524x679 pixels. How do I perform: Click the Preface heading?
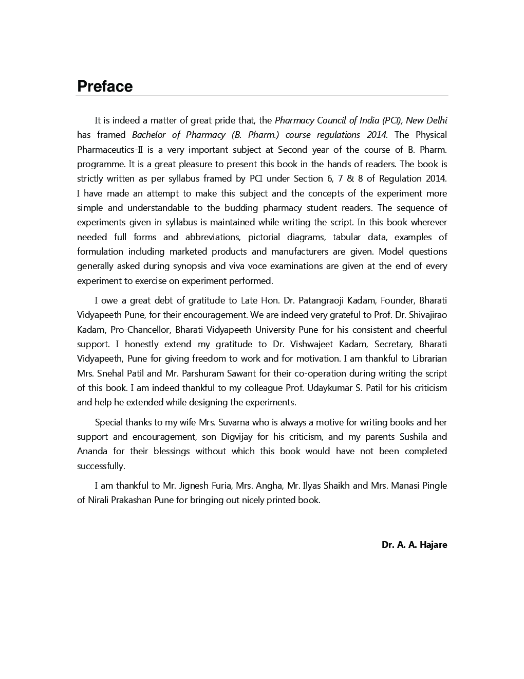105,86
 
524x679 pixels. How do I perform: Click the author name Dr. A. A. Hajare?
414,545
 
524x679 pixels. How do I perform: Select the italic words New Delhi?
426,120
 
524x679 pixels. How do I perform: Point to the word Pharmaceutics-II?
110,150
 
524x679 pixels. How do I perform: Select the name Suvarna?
233,422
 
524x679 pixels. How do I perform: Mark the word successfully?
101,466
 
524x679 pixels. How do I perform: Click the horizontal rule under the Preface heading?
262,96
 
